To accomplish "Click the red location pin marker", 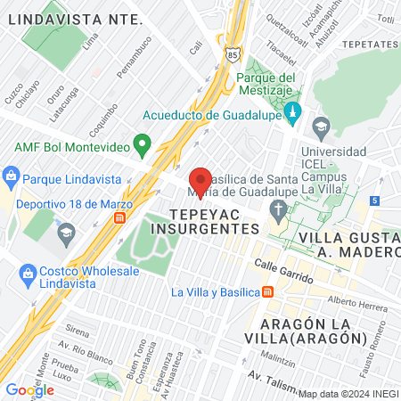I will coord(201,181).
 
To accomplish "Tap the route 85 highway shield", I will coord(233,53).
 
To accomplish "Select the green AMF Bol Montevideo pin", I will coord(141,143).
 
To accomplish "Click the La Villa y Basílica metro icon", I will coord(268,292).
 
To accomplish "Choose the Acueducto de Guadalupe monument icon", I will coord(295,114).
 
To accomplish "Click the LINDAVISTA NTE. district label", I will coord(74,18).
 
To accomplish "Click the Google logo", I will coord(29,389).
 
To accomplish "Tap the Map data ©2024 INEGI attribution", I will coord(347,394).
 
